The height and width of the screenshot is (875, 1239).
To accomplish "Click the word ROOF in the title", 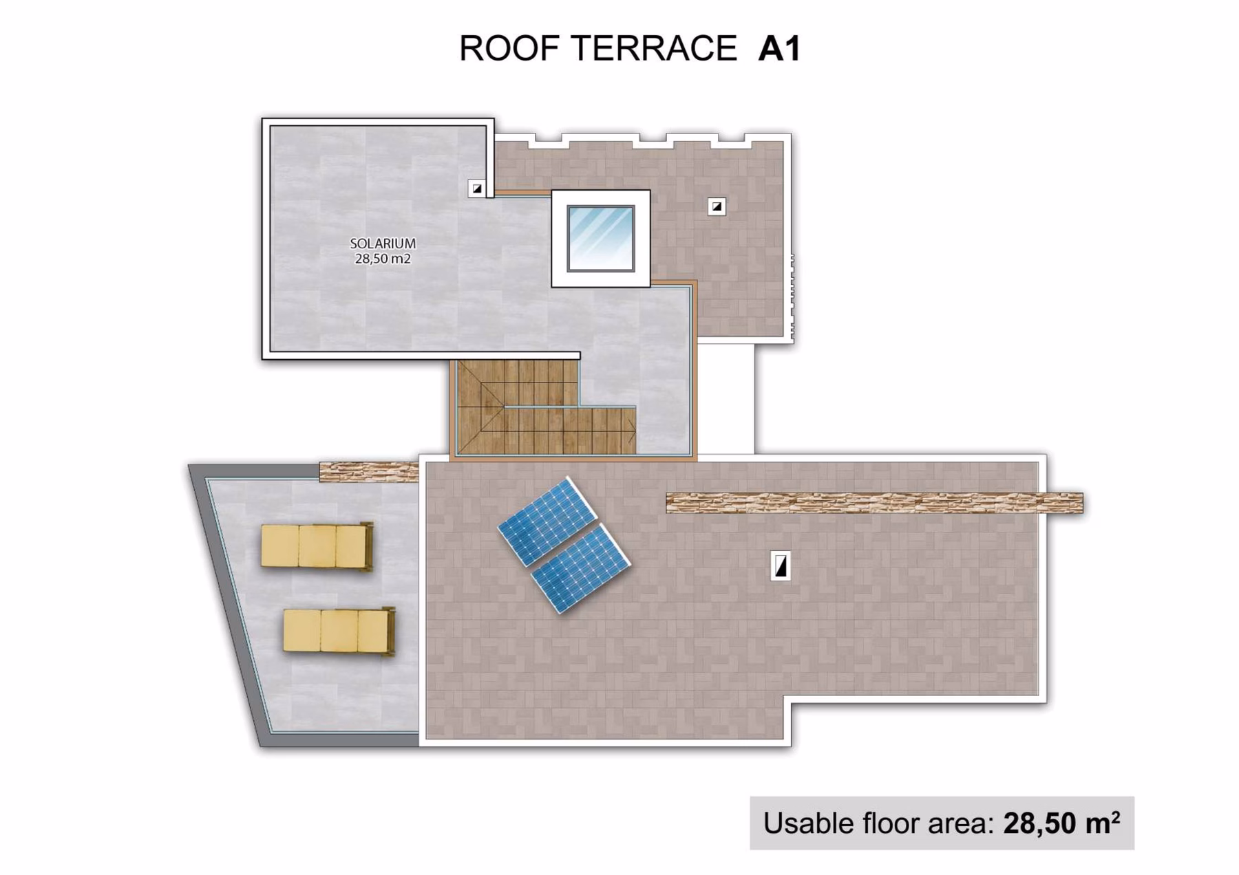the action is (x=510, y=48).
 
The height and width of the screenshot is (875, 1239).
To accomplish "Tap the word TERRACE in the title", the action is (x=654, y=48).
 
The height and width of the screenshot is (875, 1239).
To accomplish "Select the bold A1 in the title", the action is (x=779, y=48).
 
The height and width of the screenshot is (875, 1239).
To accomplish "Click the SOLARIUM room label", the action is (x=383, y=244).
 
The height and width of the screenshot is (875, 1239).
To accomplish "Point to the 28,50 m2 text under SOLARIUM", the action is (x=383, y=259).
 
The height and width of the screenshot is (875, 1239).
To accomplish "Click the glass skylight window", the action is (x=600, y=238).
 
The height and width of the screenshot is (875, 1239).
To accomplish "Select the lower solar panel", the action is (x=581, y=568).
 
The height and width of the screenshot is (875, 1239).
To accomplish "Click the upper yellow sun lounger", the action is (x=317, y=546).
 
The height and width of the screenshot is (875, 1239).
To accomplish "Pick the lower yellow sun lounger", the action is (x=339, y=631).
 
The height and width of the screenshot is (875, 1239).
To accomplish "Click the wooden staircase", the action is (x=544, y=407).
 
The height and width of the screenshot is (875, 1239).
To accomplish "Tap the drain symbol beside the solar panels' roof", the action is (x=780, y=565).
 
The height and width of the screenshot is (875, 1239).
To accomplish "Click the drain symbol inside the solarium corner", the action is (x=476, y=188).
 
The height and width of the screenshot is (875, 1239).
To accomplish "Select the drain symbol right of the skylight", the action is (x=717, y=206).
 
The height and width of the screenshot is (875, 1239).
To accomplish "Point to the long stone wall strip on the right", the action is (x=874, y=503).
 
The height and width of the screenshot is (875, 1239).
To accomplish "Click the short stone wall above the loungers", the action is (x=369, y=472).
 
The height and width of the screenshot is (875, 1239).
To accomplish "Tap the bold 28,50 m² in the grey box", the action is (x=1061, y=823).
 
